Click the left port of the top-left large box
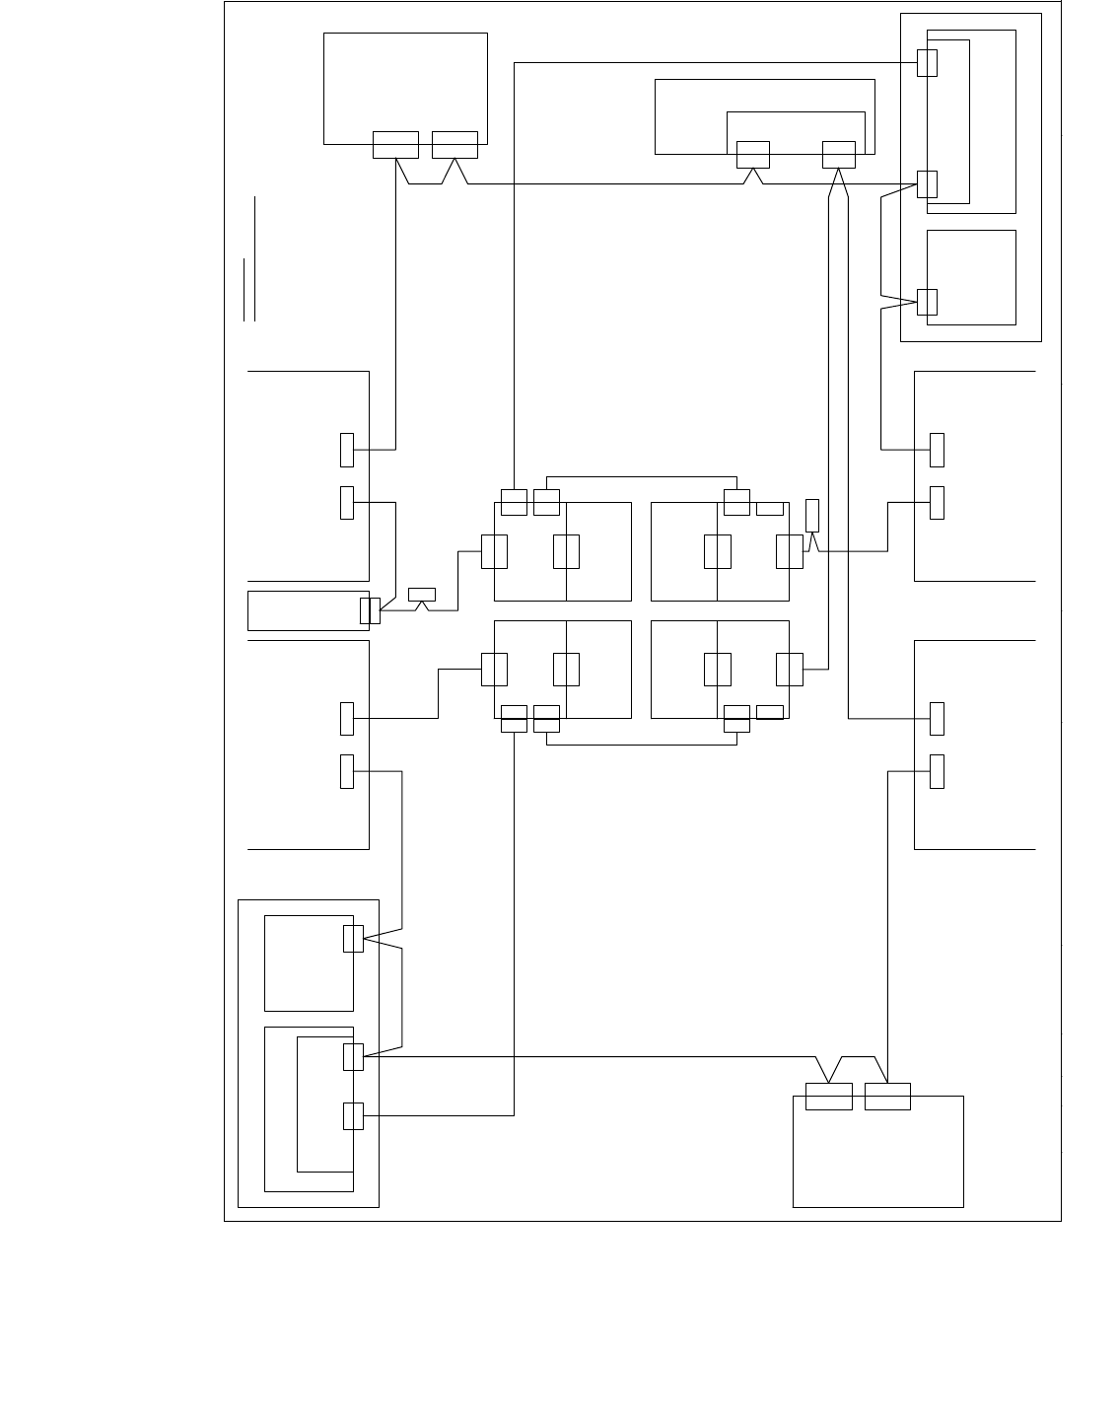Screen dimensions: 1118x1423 point(395,144)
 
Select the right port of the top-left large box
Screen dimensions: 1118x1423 point(454,144)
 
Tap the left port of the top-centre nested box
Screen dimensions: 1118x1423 point(752,155)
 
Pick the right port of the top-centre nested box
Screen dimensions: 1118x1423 point(839,155)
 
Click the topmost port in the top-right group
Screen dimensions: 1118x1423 point(927,62)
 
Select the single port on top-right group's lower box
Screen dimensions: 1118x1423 point(927,302)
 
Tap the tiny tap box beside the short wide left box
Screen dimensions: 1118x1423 point(421,594)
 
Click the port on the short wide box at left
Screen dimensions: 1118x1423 point(370,611)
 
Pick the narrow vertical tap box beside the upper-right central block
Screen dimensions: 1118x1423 point(812,516)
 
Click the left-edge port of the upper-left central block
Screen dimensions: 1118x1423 point(494,551)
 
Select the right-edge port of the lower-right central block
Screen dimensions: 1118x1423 point(790,669)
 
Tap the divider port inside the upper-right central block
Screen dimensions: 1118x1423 point(718,551)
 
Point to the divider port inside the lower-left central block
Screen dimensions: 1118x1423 point(566,669)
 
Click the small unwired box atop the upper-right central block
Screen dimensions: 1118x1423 point(770,509)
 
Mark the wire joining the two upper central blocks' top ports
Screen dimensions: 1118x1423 point(641,476)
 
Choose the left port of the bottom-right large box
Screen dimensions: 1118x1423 point(828,1096)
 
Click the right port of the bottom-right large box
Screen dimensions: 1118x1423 point(887,1096)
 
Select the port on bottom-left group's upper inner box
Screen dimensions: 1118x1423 point(353,938)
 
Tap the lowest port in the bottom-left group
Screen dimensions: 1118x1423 point(353,1115)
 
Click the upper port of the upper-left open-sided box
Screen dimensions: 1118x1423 point(347,450)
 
